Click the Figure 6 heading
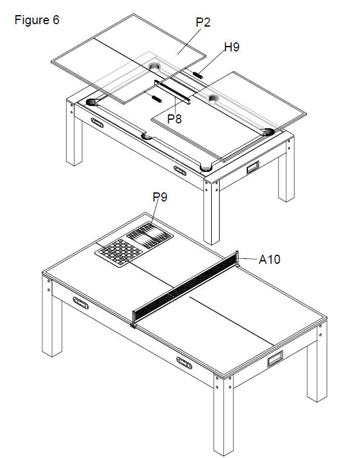tap(37, 20)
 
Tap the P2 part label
tap(203, 22)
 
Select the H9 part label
tap(232, 47)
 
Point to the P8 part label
tap(174, 119)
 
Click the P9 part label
tap(160, 197)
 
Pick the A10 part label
tap(269, 260)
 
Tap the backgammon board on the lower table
tap(149, 235)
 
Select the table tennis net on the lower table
tap(185, 289)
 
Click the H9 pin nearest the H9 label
tap(198, 75)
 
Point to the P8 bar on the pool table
tap(172, 92)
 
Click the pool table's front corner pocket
tap(206, 168)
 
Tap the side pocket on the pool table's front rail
tap(147, 136)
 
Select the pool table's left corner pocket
tap(93, 102)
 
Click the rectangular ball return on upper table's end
tap(253, 168)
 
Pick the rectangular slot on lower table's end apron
tap(275, 359)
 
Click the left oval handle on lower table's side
tap(80, 303)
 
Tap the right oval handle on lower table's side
tap(185, 363)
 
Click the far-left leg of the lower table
tap(52, 317)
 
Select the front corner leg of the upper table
tap(212, 212)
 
